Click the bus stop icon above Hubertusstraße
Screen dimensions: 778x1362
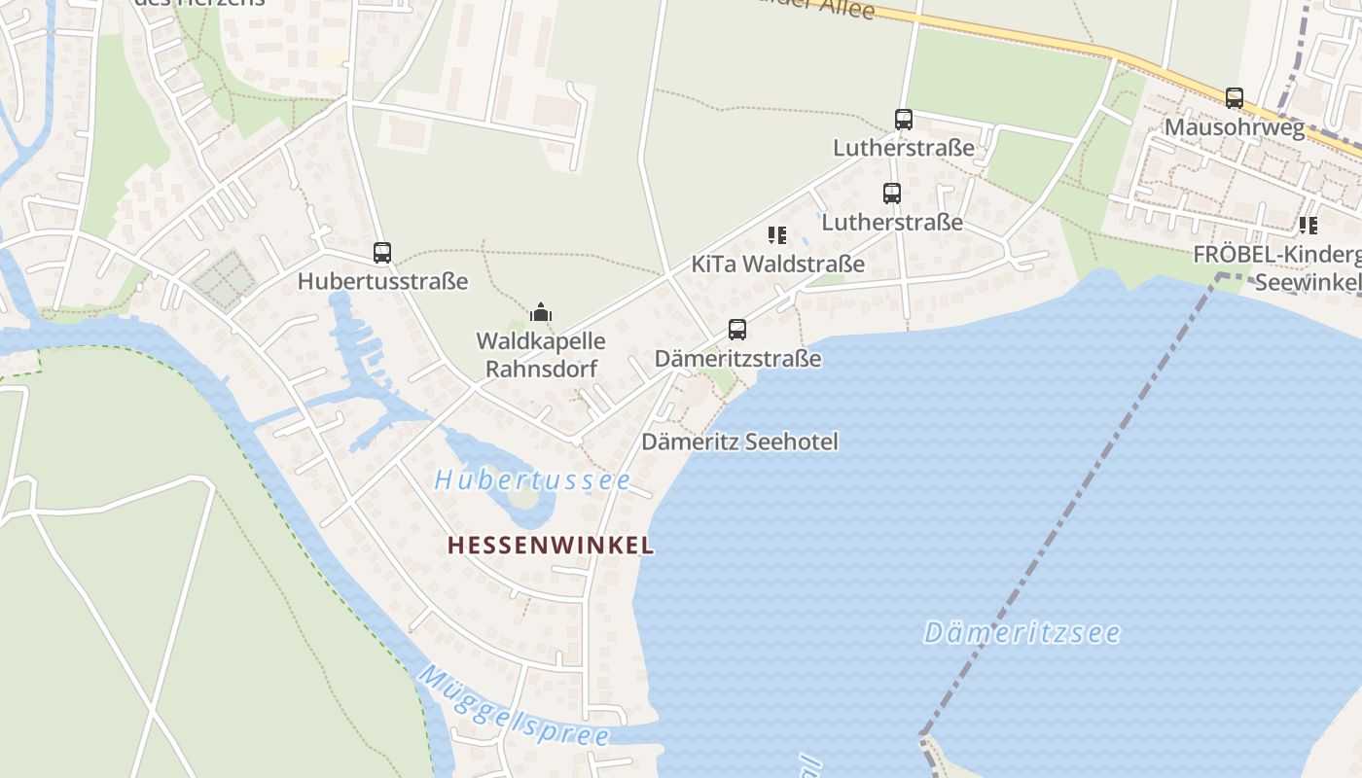pyautogui.click(x=382, y=253)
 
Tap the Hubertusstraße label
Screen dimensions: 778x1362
pyautogui.click(x=382, y=282)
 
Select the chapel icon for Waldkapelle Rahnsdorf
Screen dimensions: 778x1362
pyautogui.click(x=541, y=312)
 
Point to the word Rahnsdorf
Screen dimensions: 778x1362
pyautogui.click(x=541, y=369)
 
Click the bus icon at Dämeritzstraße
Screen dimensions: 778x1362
pyautogui.click(x=737, y=330)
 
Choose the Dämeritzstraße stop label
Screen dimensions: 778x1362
pyautogui.click(x=737, y=359)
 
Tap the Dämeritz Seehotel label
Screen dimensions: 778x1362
pyautogui.click(x=739, y=442)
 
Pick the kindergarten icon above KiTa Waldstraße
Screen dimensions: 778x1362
pyautogui.click(x=776, y=234)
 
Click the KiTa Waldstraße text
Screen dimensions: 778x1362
pyautogui.click(x=777, y=264)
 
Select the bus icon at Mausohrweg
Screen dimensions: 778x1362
pyautogui.click(x=1235, y=98)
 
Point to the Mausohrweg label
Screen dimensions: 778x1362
pyautogui.click(x=1235, y=127)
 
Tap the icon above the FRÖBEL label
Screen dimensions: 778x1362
pyautogui.click(x=1308, y=226)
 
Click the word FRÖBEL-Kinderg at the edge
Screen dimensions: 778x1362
pyautogui.click(x=1277, y=255)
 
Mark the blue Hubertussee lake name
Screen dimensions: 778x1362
pyautogui.click(x=532, y=480)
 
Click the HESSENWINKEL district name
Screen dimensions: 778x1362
pyautogui.click(x=551, y=546)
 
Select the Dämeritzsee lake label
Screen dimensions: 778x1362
pyautogui.click(x=1021, y=633)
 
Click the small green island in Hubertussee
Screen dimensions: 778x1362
pyautogui.click(x=522, y=500)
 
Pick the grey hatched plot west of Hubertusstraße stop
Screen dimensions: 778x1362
pyautogui.click(x=224, y=279)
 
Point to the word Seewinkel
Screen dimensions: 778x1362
pyautogui.click(x=1308, y=282)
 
